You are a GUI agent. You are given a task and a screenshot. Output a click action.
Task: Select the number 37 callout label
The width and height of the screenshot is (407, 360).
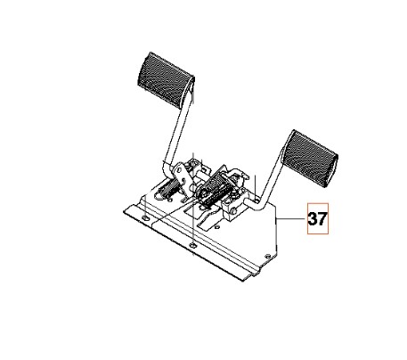318,218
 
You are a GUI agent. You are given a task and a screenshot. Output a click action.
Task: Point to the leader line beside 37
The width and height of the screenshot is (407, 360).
291,218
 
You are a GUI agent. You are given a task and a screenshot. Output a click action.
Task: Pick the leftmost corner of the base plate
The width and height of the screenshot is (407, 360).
122,211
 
